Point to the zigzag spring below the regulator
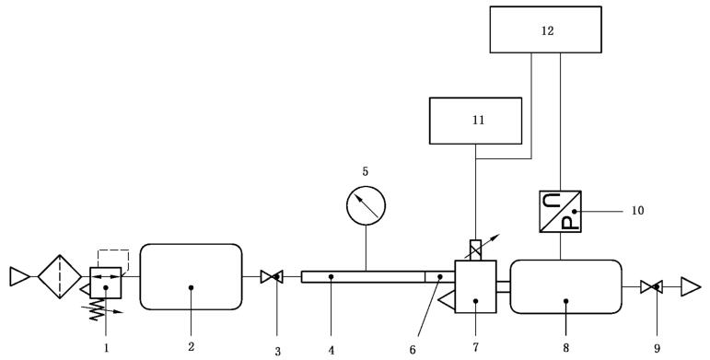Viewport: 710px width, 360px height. [97, 310]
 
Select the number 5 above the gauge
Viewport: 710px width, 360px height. [366, 171]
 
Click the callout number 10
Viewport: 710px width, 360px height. [637, 211]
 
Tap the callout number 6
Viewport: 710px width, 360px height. [413, 350]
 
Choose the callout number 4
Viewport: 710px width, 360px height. [332, 350]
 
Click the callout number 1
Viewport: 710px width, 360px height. [107, 348]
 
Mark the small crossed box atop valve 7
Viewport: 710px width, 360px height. [475, 250]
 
